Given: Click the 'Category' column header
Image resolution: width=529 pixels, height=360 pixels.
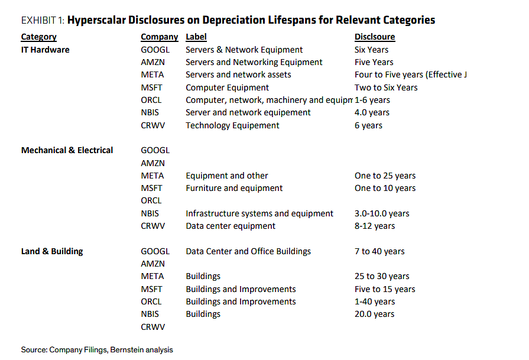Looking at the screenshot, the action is click(39, 37).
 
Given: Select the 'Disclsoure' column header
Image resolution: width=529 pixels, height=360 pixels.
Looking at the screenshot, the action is click(375, 37).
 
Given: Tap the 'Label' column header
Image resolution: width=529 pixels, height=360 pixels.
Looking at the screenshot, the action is click(196, 37).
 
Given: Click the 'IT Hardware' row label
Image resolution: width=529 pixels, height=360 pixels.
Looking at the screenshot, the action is click(45, 50).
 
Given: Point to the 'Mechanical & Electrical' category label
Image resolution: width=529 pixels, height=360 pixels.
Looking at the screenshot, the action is click(67, 150).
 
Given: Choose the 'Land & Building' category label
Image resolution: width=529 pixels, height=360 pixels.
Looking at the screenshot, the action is click(52, 251).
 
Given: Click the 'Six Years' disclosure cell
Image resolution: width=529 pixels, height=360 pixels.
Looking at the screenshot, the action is click(371, 50).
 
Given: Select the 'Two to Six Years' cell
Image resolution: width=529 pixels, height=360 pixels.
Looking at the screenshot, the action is click(386, 87).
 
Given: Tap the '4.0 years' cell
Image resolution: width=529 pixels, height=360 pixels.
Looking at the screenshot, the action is click(372, 113).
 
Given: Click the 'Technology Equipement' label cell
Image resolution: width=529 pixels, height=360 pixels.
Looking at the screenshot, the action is click(232, 125).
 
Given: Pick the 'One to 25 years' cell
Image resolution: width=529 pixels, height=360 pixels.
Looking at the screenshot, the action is click(385, 176).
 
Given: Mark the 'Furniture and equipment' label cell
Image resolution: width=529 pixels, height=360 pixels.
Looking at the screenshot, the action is click(234, 188).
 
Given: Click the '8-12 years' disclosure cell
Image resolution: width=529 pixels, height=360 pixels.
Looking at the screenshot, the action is click(375, 226).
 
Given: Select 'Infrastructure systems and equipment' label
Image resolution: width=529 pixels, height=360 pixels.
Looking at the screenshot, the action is click(259, 213).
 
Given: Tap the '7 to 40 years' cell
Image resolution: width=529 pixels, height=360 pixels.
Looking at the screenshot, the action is click(379, 251).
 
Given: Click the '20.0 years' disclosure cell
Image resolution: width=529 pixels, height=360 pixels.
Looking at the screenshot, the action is click(375, 314).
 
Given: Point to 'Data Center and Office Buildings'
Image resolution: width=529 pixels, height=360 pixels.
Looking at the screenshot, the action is click(248, 251).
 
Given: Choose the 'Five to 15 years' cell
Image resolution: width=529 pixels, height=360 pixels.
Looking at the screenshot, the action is click(385, 289).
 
